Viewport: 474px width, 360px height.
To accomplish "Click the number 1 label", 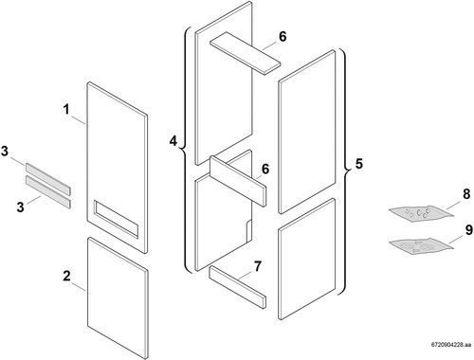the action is click(66, 110).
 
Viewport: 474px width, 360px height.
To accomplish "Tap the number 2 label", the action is click(66, 276).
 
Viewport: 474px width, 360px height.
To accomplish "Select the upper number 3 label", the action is click(5, 152).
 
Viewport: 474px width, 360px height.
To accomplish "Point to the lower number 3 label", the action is click(20, 207).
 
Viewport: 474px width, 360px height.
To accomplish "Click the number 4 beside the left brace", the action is click(173, 141).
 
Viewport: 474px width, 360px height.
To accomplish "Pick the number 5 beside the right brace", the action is click(358, 164).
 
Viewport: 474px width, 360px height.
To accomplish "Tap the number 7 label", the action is click(258, 266).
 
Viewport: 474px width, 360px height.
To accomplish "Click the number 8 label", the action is click(466, 194).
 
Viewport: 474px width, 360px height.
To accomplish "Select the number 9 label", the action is click(469, 230).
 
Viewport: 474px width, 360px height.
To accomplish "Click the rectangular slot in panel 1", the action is click(116, 218).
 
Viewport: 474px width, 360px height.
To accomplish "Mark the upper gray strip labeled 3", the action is click(48, 178).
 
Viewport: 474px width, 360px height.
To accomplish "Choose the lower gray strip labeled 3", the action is click(48, 192).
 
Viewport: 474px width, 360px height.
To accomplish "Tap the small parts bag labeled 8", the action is click(421, 214).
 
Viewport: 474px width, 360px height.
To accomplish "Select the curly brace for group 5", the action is click(342, 172).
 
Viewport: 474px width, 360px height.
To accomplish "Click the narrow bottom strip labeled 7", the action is click(237, 287).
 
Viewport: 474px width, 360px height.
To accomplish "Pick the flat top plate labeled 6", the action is click(246, 53).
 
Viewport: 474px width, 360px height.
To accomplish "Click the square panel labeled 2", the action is click(118, 298).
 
